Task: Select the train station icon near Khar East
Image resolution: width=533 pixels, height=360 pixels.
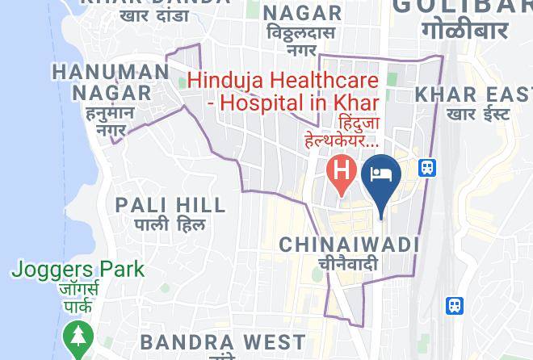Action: (427, 168)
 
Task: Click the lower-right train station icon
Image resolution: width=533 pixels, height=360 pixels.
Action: (455, 306)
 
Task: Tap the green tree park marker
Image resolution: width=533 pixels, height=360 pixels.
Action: (78, 337)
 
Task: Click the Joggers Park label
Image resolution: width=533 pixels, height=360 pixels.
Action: (78, 270)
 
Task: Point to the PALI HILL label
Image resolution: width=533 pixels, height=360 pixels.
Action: (160, 205)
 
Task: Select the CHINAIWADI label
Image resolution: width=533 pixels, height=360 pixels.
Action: (349, 244)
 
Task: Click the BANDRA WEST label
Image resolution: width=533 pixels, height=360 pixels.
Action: (222, 342)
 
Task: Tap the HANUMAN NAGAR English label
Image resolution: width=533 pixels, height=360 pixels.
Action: (111, 82)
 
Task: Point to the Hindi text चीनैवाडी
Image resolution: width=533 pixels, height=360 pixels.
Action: (348, 264)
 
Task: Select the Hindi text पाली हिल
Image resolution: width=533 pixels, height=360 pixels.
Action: (170, 225)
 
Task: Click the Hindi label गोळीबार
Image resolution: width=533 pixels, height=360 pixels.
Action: (464, 31)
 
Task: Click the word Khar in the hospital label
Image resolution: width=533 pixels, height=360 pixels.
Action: (356, 103)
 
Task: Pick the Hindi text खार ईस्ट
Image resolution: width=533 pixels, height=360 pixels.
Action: (478, 114)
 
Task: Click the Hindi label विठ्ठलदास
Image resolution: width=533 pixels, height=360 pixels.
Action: (300, 34)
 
